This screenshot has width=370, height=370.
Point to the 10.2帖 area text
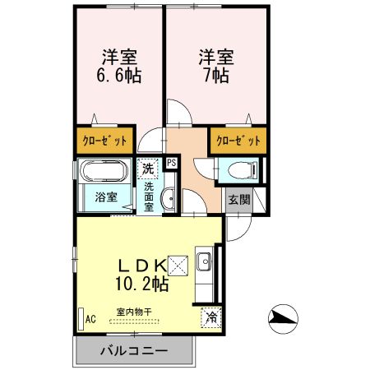point(137,284)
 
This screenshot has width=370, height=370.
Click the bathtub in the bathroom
point(103,173)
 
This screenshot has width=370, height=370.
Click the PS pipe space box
point(171,163)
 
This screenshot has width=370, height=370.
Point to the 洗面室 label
point(149,197)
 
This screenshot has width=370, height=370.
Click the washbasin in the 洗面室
point(167,197)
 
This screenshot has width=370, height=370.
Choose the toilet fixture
point(243,171)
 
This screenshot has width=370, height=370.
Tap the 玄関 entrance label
point(238,200)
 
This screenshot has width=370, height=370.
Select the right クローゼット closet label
point(238,141)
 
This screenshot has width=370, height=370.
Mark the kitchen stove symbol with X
point(180,264)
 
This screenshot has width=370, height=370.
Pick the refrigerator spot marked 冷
point(210,316)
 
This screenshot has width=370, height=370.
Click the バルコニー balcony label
point(134,350)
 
